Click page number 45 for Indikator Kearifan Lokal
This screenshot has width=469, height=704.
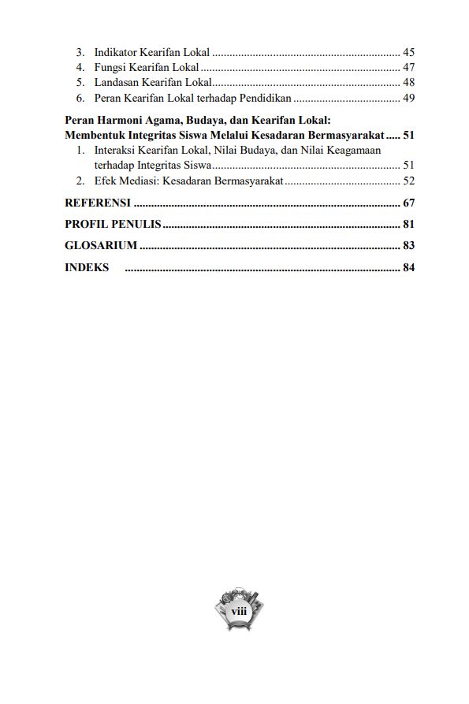pos(408,52)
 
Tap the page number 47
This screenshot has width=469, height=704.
pos(408,68)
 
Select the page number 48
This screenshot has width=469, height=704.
pos(408,83)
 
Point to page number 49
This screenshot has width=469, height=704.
pos(408,99)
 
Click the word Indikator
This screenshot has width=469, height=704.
pos(114,52)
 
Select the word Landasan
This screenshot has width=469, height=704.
pos(117,83)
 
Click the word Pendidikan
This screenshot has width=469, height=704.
pos(264,99)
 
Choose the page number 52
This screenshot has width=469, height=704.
pos(408,181)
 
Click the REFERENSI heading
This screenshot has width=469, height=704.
pos(98,203)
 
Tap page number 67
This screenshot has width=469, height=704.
pos(408,203)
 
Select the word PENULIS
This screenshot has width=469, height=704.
pos(136,225)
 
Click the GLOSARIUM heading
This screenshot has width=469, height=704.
pos(101,246)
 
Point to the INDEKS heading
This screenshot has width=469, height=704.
pos(87,267)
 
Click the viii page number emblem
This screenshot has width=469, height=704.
pos(238,611)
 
